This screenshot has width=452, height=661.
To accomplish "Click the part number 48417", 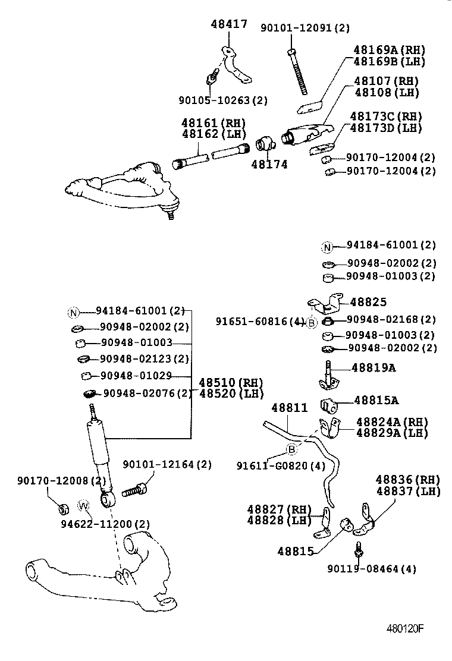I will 229,24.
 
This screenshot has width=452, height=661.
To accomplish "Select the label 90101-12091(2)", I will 305,28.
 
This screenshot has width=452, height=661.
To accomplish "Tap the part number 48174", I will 269,164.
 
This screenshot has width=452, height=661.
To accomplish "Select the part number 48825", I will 368,302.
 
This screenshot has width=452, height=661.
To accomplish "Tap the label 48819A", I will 373,368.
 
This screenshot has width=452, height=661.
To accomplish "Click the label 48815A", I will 376,401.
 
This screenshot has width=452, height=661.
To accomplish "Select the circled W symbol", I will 84,506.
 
